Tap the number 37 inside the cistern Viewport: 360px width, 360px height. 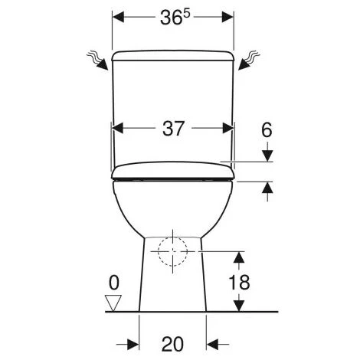[173, 128]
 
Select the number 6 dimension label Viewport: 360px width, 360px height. [267, 130]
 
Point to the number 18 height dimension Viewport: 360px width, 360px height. [239, 282]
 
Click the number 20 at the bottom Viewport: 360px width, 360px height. [172, 344]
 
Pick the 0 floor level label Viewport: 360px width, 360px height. [114, 283]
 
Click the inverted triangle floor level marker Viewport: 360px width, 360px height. [113, 303]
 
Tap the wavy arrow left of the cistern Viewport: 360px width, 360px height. [98, 61]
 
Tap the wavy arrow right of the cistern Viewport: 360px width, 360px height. [249, 61]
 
